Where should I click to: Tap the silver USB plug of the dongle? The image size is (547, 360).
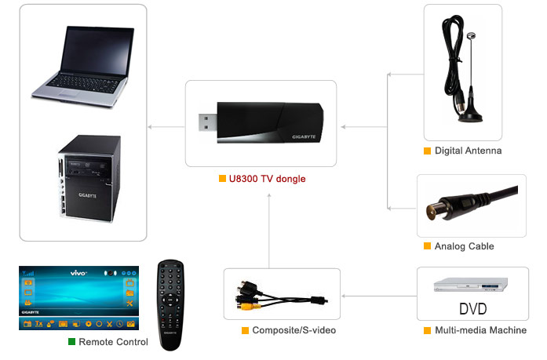click(205, 122)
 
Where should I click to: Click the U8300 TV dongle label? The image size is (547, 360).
click(268, 179)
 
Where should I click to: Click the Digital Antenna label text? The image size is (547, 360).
click(468, 151)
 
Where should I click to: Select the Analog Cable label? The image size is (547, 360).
click(464, 246)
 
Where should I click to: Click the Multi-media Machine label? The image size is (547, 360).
click(480, 331)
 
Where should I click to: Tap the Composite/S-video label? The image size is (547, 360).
click(294, 331)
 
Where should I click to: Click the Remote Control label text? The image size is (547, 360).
click(114, 342)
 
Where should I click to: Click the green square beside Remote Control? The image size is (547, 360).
click(71, 342)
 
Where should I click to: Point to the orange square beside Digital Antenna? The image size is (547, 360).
click(427, 151)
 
